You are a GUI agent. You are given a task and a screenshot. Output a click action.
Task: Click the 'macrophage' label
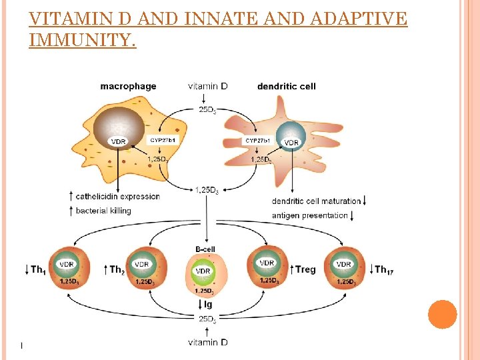(128, 86)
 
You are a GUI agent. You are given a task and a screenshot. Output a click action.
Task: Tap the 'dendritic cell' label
(287, 86)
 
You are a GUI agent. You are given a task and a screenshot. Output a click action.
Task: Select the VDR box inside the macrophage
(118, 141)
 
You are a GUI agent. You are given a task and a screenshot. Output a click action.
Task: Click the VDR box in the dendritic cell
(291, 142)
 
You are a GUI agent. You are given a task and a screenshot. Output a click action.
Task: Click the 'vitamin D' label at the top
(207, 86)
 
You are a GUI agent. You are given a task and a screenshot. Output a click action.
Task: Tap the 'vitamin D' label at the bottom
(207, 343)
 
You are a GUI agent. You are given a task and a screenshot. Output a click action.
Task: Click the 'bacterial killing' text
(103, 211)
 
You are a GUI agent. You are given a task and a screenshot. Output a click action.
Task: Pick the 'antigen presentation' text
(309, 215)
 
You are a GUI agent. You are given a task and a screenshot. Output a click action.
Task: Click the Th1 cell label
(38, 269)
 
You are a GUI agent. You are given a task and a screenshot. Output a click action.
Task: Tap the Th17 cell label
(381, 269)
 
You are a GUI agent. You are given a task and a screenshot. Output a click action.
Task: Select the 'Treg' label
(305, 269)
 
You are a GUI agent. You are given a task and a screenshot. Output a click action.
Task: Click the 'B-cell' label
(205, 249)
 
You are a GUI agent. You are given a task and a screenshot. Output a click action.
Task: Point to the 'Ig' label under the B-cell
(208, 305)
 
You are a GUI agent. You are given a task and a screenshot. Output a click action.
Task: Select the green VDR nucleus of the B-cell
(203, 271)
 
